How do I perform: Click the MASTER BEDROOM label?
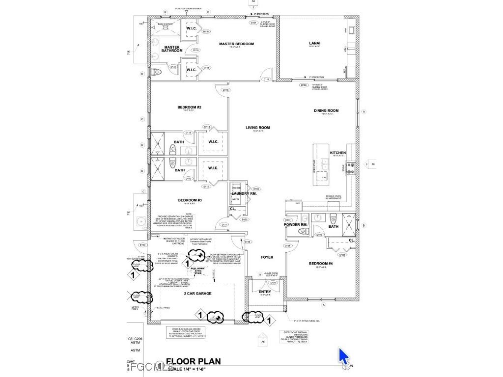coord(236,44)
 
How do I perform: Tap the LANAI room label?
coord(315,44)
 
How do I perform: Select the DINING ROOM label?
coord(326,111)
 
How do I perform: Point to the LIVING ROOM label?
coord(258,128)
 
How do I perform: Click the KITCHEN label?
coord(338,153)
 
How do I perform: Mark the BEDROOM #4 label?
coord(321,264)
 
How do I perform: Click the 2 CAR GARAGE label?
coord(197,294)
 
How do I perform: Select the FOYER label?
coord(267,257)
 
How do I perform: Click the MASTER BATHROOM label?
coord(172,49)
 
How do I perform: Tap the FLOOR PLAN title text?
coord(194,362)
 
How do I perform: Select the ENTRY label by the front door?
coord(265,292)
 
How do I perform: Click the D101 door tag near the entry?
coord(274,283)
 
